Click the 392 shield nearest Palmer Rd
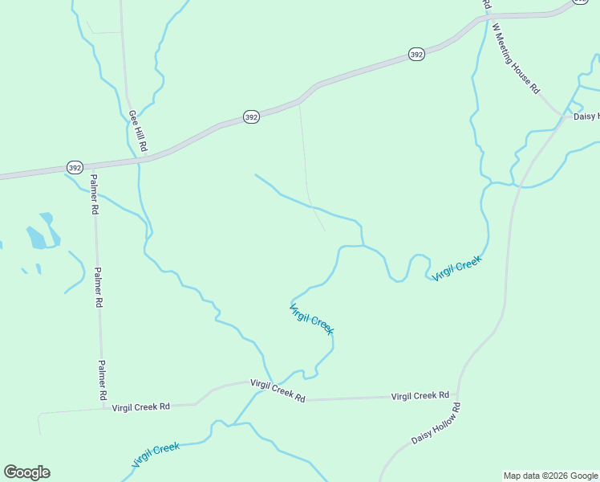[x=75, y=168]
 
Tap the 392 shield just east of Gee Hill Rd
[x=251, y=117]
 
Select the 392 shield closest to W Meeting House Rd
[x=416, y=55]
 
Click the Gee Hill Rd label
[x=138, y=131]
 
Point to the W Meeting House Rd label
[x=516, y=59]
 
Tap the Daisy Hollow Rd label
[x=436, y=425]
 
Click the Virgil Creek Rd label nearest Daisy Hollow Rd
[x=420, y=396]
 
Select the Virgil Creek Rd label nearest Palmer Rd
[x=141, y=407]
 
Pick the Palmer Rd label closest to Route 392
[x=94, y=194]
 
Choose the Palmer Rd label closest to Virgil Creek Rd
[x=103, y=380]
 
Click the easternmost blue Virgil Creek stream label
[x=456, y=268]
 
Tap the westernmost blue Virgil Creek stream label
[x=156, y=455]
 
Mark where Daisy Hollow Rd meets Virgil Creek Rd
[x=456, y=396]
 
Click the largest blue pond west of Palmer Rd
[x=37, y=237]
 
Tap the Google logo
[x=26, y=472]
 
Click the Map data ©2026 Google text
[x=550, y=476]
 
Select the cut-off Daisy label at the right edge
[x=586, y=116]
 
